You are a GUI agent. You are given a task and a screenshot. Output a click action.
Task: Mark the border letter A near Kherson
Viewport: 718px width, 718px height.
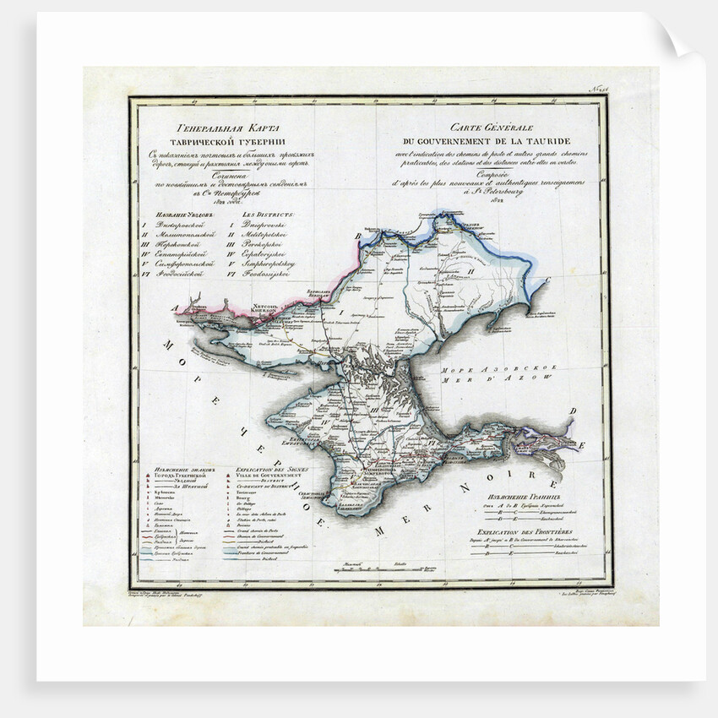(x=176, y=309)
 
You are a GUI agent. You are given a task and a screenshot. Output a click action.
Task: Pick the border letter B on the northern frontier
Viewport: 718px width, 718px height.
(x=357, y=237)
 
